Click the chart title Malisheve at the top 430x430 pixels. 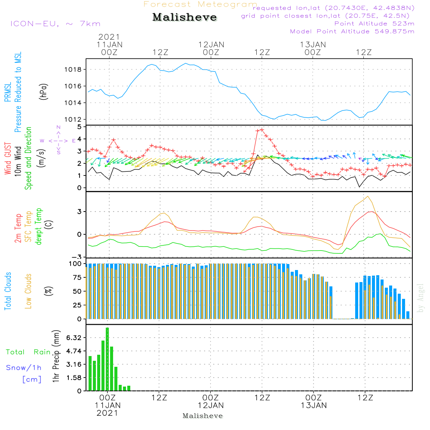[184, 18]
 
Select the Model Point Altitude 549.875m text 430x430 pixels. [352, 31]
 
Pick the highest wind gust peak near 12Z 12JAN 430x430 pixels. [261, 129]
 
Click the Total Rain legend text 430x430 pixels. [28, 352]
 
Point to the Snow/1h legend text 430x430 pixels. [24, 368]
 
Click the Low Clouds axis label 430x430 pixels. [28, 291]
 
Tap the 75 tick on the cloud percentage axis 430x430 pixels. [77, 277]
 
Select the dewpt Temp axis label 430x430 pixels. [39, 227]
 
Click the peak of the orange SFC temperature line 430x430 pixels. [367, 197]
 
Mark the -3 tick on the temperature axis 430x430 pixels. [79, 257]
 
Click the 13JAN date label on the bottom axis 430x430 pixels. [313, 405]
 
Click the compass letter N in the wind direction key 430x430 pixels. [58, 127]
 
